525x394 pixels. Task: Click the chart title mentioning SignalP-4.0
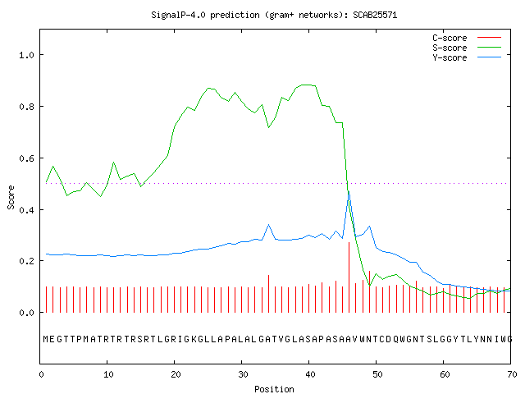pos(274,15)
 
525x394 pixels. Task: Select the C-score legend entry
pos(467,38)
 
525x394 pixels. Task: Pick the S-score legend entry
pos(467,48)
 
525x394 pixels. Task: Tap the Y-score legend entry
pos(467,57)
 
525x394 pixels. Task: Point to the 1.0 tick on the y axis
pos(27,55)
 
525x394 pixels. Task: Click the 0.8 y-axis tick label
pos(27,107)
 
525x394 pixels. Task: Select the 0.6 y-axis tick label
pos(27,158)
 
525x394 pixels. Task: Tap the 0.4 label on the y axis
pos(27,210)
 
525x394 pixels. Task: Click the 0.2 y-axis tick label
pos(27,261)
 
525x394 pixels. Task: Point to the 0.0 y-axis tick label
pos(27,313)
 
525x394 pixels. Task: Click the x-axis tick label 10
pos(108,374)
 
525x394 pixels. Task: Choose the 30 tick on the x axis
pos(243,374)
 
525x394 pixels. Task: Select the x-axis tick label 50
pos(377,374)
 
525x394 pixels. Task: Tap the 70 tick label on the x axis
pos(512,374)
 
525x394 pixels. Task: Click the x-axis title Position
pos(274,389)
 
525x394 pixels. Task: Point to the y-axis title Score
pos(11,197)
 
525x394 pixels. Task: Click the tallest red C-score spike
pos(349,277)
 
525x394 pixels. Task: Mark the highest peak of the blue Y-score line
pos(349,191)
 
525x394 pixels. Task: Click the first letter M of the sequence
pos(46,339)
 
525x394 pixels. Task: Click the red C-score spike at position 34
pos(268,294)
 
